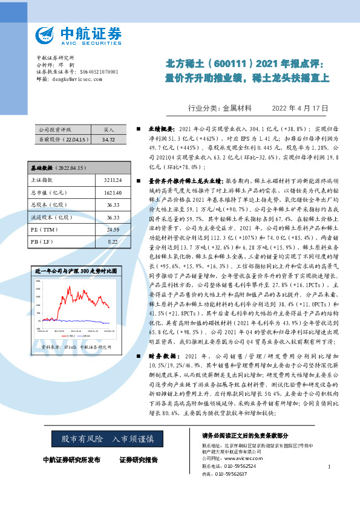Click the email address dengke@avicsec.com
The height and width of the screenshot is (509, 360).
(76, 79)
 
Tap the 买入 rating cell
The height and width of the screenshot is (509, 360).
(109, 129)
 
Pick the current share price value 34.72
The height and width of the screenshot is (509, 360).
(109, 139)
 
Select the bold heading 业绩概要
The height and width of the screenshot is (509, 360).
(162, 129)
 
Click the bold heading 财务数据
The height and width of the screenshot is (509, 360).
(162, 357)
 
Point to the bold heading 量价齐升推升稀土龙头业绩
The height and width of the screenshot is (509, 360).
(186, 181)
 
